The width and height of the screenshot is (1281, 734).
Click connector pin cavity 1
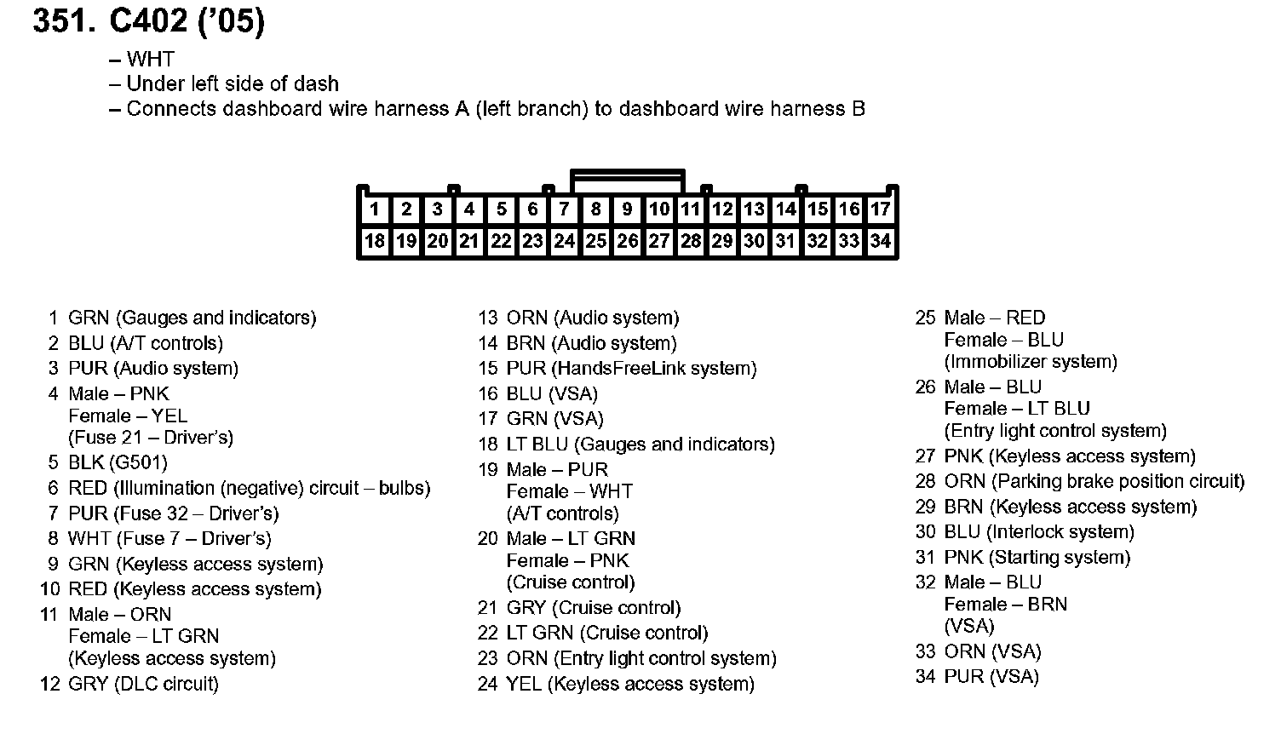pyautogui.click(x=375, y=209)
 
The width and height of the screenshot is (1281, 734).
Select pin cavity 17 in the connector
pyautogui.click(x=881, y=209)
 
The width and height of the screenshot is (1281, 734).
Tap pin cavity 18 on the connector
pyautogui.click(x=375, y=241)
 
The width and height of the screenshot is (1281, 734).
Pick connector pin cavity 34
pyautogui.click(x=881, y=241)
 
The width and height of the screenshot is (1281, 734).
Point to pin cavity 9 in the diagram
pyautogui.click(x=627, y=209)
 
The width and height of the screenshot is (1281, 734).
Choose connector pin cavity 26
pyautogui.click(x=627, y=241)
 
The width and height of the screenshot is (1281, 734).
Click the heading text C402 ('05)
pyautogui.click(x=187, y=22)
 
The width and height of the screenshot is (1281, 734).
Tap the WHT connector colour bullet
pyautogui.click(x=150, y=60)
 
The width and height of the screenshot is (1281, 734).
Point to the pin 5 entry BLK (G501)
pyautogui.click(x=118, y=463)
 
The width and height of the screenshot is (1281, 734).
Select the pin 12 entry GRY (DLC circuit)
pyautogui.click(x=143, y=684)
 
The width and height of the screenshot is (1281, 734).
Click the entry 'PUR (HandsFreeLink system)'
pyautogui.click(x=631, y=369)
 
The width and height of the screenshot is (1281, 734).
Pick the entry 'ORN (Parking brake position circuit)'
pyautogui.click(x=1094, y=482)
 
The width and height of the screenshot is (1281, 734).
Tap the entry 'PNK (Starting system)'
pyautogui.click(x=1037, y=558)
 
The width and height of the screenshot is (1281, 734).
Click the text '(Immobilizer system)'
pyautogui.click(x=1031, y=362)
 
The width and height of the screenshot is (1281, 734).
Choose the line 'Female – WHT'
pyautogui.click(x=569, y=492)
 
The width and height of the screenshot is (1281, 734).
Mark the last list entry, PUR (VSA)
pyautogui.click(x=991, y=677)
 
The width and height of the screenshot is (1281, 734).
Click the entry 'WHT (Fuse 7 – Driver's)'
pyautogui.click(x=169, y=539)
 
